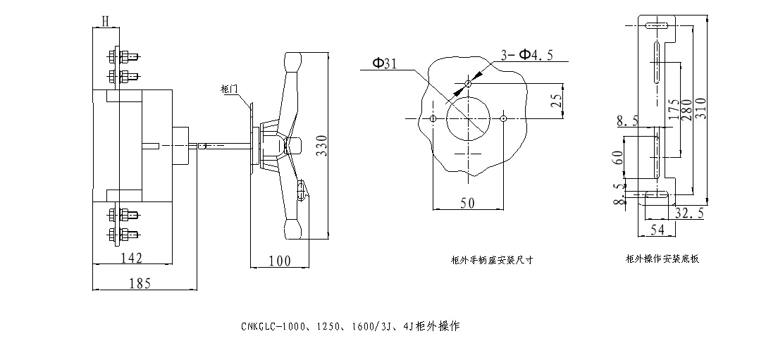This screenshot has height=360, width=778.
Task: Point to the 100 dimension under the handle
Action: pyautogui.click(x=280, y=261)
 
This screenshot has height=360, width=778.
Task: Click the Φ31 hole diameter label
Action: pyautogui.click(x=384, y=63)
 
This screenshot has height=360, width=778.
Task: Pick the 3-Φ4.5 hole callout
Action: pyautogui.click(x=526, y=54)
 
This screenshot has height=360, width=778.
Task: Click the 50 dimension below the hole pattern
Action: pyautogui.click(x=467, y=203)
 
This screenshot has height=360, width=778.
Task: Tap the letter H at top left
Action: pyautogui.click(x=104, y=20)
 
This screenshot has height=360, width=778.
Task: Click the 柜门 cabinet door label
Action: pyautogui.click(x=230, y=89)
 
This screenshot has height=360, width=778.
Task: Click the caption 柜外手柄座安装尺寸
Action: pyautogui.click(x=492, y=259)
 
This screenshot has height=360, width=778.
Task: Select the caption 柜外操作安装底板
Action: pyautogui.click(x=662, y=259)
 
